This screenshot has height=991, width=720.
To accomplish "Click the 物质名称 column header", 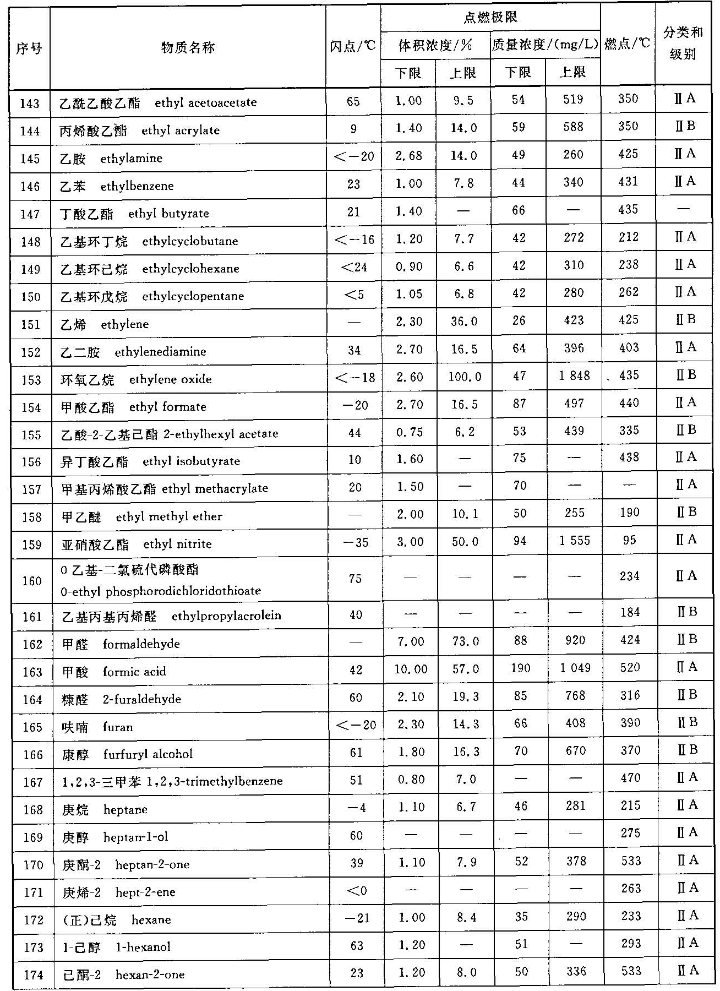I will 188,48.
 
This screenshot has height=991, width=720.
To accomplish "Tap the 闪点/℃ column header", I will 353,47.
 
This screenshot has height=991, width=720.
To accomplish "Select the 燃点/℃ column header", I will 627,44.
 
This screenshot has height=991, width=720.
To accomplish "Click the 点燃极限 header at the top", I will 490,18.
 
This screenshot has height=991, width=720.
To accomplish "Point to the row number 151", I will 31,324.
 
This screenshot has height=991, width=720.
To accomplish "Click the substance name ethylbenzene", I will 137,186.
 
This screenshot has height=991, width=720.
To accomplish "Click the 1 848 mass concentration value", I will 574,375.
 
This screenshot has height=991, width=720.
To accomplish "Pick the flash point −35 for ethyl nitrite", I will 355,542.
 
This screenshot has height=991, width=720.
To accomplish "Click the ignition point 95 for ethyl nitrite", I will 630,540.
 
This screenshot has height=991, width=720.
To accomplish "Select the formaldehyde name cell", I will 120,644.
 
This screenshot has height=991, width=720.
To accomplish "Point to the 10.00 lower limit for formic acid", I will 410,668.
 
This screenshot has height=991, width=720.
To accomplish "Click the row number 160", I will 31,581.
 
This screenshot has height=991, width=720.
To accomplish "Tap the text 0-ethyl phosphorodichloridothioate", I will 161,591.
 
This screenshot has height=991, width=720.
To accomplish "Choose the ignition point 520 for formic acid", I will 630,668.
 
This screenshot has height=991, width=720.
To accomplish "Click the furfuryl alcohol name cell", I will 128,754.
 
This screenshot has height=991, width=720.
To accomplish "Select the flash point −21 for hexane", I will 356,918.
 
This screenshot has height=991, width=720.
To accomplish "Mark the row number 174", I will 33,975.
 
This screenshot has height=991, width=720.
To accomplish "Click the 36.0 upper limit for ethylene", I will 463,321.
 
